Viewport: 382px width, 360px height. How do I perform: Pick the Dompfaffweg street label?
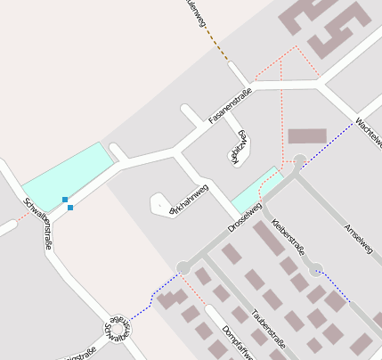pos(237,341)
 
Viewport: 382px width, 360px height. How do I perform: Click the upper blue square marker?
pos(65,200)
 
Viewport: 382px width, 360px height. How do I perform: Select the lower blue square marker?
pos(70,208)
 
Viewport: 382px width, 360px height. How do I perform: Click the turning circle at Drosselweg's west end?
pos(183,266)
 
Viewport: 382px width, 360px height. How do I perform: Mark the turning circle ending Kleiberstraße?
pos(314,266)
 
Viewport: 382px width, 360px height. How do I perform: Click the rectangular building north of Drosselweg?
pos(307,136)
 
